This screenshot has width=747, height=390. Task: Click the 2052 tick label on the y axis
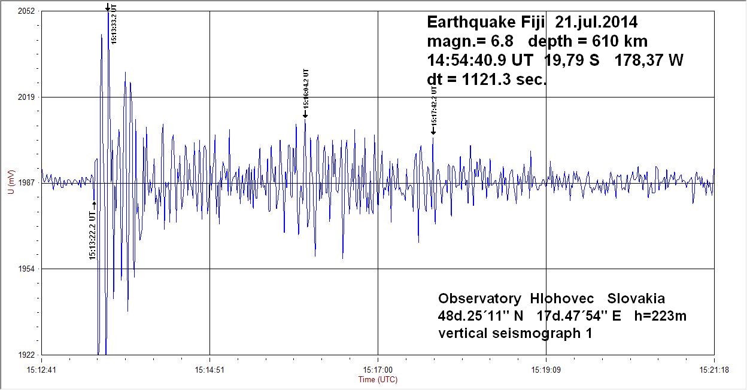click(26, 11)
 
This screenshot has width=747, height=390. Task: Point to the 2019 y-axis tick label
click(26, 97)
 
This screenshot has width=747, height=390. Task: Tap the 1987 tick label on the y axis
click(26, 182)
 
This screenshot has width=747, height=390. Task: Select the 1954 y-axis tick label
click(26, 269)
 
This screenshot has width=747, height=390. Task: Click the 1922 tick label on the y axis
click(26, 355)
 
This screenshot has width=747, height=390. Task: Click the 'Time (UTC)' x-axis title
click(378, 379)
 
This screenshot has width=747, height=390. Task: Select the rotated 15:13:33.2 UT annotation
click(114, 24)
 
